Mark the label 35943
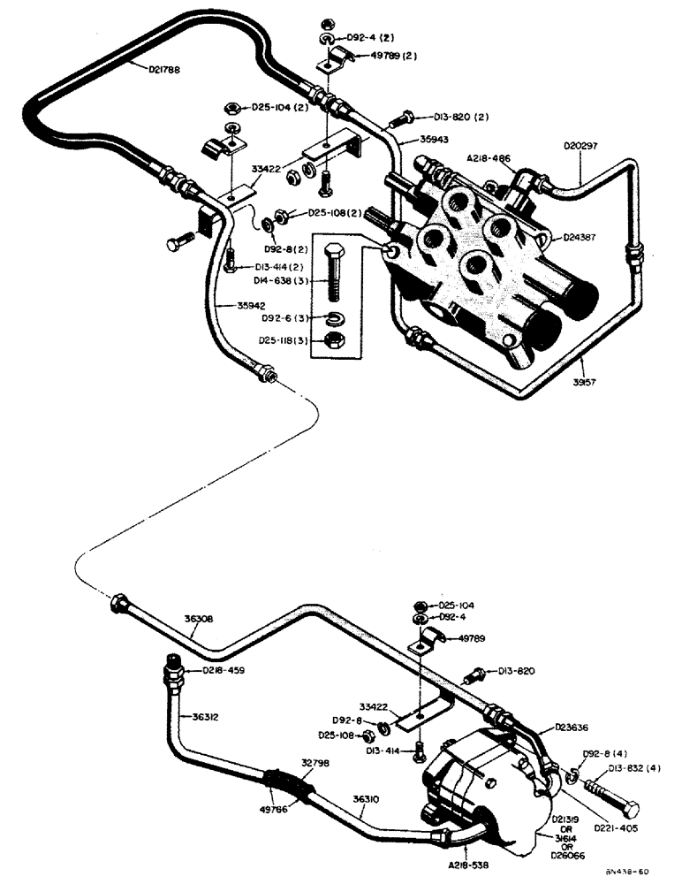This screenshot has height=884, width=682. coord(411,140)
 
